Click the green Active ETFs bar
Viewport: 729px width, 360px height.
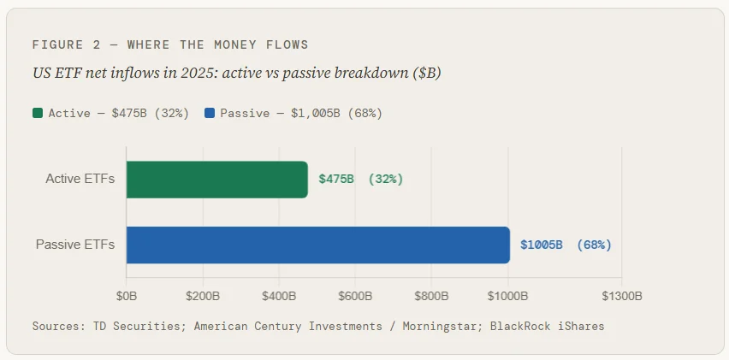point(216,180)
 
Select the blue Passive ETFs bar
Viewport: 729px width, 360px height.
point(317,245)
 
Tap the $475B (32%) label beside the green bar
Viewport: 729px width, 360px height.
point(360,180)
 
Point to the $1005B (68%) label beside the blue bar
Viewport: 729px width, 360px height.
point(566,245)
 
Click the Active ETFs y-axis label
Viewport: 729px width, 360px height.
point(80,180)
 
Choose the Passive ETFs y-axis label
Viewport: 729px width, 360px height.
point(75,245)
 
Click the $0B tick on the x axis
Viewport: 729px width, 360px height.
point(127,297)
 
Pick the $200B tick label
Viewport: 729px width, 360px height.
point(203,297)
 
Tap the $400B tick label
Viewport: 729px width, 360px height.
point(279,297)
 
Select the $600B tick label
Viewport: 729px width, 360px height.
point(355,297)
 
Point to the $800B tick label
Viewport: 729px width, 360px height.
point(431,297)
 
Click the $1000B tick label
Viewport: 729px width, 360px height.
point(507,297)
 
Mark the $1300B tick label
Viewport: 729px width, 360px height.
point(621,297)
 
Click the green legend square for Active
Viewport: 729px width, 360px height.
point(38,113)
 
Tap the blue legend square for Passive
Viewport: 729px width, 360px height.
point(210,113)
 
